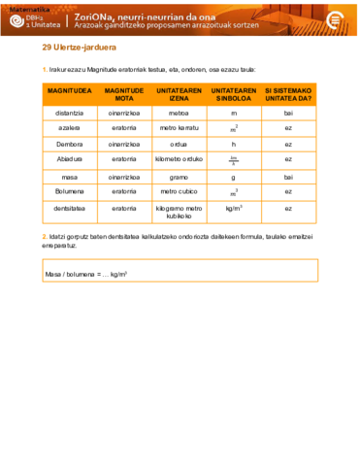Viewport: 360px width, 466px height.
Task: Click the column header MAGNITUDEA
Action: pyautogui.click(x=69, y=95)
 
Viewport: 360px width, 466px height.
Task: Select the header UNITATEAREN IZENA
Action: pyautogui.click(x=179, y=95)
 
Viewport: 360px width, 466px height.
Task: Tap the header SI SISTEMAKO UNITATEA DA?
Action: pyautogui.click(x=288, y=95)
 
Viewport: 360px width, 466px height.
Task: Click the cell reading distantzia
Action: pyautogui.click(x=69, y=114)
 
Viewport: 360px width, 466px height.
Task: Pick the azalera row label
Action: pyautogui.click(x=69, y=128)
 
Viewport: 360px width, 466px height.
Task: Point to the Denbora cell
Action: pyautogui.click(x=69, y=144)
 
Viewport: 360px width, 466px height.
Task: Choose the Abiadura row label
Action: pyautogui.click(x=69, y=159)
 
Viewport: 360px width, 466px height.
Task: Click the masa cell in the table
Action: pyautogui.click(x=69, y=178)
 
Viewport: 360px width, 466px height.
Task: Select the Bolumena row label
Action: pyautogui.click(x=69, y=192)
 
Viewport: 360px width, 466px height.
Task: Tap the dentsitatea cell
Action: pyautogui.click(x=69, y=208)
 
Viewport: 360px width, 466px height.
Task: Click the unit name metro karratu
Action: pyautogui.click(x=179, y=128)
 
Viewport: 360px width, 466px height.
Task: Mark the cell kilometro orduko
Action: pyautogui.click(x=179, y=159)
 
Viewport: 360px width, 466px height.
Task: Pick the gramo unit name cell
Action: pyautogui.click(x=179, y=178)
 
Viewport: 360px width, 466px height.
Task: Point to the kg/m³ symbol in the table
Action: pyautogui.click(x=234, y=208)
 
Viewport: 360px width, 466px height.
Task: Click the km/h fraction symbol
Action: pyautogui.click(x=234, y=159)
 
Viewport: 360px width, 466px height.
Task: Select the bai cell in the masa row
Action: pyautogui.click(x=288, y=178)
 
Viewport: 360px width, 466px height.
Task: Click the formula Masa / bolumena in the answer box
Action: pyautogui.click(x=85, y=275)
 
